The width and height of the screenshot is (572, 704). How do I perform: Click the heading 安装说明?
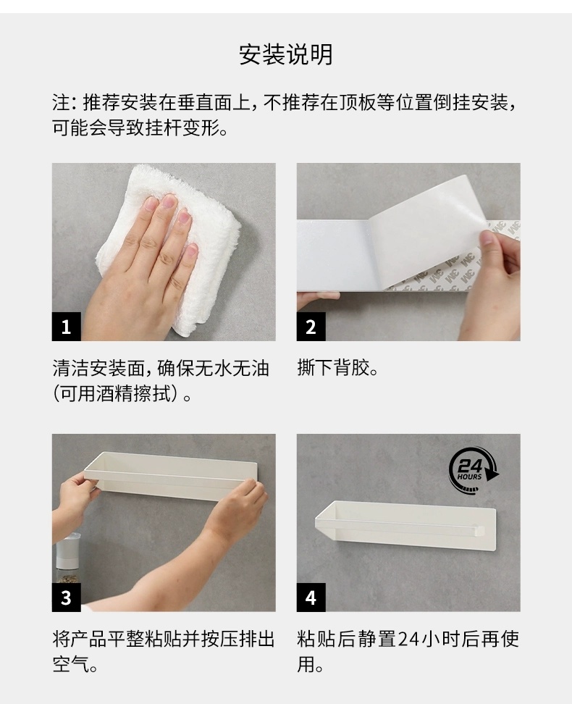tap(285, 55)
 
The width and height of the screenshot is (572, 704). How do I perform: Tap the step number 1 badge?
tap(67, 327)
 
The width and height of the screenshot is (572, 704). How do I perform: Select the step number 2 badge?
tap(311, 327)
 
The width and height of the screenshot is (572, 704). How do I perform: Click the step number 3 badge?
tap(67, 597)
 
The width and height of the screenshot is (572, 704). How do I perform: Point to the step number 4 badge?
tap(311, 597)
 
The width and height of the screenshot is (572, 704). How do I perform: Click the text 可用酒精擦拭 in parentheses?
tap(117, 394)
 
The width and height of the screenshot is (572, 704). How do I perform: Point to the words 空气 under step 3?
tap(71, 664)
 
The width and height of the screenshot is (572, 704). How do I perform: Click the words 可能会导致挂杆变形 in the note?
tap(137, 128)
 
